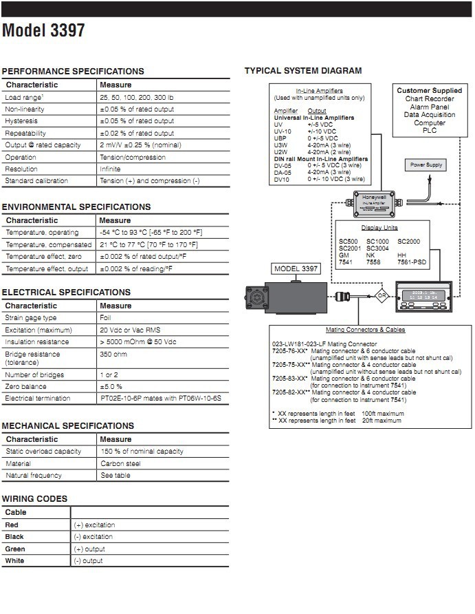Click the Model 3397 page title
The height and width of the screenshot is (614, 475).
(44, 32)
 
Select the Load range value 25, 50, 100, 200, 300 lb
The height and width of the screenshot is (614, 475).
(137, 97)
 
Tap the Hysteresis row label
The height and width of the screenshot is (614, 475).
(22, 121)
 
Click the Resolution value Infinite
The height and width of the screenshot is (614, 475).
(110, 169)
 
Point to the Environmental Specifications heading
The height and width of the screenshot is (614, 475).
(76, 207)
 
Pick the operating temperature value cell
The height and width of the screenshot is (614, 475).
(151, 233)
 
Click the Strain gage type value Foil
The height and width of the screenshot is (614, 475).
(105, 318)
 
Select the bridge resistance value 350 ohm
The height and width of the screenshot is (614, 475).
(113, 354)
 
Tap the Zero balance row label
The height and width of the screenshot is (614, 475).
(26, 386)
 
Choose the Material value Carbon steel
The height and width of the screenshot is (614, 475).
(118, 463)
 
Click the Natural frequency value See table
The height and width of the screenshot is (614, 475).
(115, 476)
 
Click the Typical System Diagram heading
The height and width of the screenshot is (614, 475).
(303, 71)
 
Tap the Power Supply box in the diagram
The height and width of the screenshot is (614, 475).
(426, 165)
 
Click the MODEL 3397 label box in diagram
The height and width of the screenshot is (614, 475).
(296, 268)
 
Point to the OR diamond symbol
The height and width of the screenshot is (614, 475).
(382, 298)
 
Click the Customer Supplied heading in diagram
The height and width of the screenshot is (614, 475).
(430, 90)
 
